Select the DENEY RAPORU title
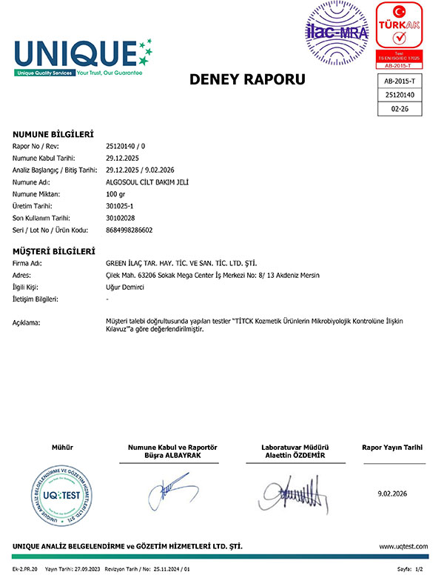(247, 79)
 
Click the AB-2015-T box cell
(400, 81)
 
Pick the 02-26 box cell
(400, 108)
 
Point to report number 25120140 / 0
(127, 147)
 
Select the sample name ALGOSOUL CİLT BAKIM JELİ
(149, 182)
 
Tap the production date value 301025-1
(123, 206)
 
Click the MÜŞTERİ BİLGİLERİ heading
(54, 251)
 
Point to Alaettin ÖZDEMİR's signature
(295, 489)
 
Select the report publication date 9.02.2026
(392, 493)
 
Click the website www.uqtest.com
(403, 547)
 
